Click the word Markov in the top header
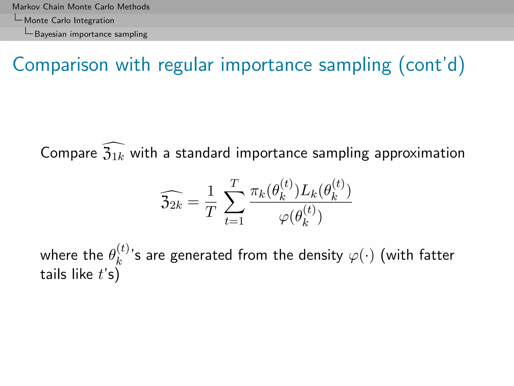pos(26,7)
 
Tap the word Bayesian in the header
pos(50,34)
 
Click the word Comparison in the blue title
pos(60,65)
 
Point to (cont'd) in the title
pos(432,65)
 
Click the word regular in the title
pos(186,65)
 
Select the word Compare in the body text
pos(69,153)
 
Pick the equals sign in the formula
pos(193,202)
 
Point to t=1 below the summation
pos(234,221)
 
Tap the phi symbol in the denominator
pos(284,218)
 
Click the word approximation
pos(419,153)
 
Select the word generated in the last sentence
pos(201,255)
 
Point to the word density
pos(320,255)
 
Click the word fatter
pos(437,255)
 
